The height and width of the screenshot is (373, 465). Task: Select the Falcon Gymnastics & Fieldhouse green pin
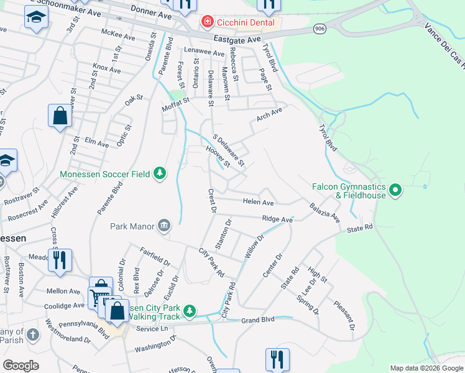(x=395, y=190)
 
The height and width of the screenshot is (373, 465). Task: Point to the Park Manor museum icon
(x=164, y=225)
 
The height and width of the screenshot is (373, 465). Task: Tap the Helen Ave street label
(x=258, y=203)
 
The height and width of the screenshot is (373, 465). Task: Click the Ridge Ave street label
(x=277, y=219)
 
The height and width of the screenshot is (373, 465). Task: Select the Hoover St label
(x=218, y=157)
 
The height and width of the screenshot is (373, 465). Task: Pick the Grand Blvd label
(x=258, y=320)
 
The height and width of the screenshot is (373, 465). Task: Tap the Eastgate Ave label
(x=237, y=39)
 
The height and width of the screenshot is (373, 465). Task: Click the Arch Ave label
(x=269, y=114)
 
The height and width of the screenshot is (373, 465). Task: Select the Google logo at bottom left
(x=21, y=365)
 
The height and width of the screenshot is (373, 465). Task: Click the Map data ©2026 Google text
(x=426, y=368)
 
